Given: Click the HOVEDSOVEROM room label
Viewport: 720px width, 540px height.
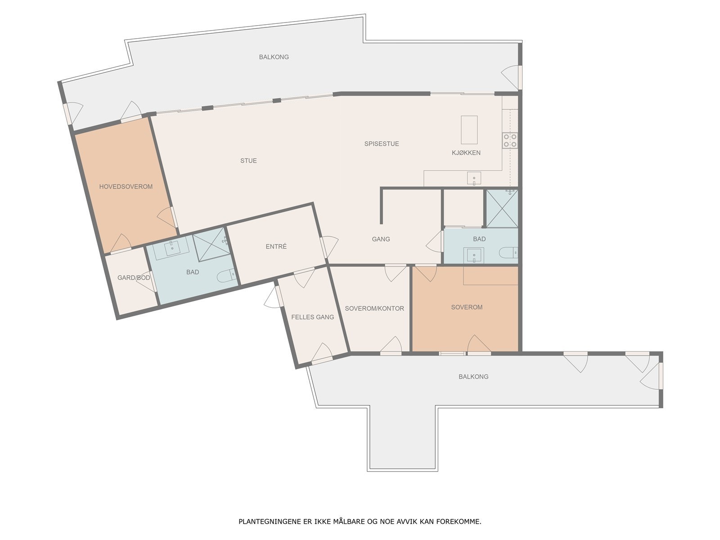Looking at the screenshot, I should (126, 187).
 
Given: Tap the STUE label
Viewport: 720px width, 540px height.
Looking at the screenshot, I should (248, 161).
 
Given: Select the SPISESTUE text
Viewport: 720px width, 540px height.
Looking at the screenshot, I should (382, 144).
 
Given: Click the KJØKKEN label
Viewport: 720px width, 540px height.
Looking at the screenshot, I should (466, 153).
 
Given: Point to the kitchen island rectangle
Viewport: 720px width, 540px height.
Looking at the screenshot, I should (469, 130).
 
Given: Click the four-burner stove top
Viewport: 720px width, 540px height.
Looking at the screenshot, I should (510, 140).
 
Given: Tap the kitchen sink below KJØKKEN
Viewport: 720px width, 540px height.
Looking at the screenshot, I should (474, 179).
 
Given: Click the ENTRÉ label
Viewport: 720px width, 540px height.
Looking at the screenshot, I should (276, 247).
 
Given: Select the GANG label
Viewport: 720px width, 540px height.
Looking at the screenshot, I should (381, 239).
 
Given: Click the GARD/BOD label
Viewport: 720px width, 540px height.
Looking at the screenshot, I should (134, 278).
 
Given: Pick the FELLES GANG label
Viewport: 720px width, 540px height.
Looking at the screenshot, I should (312, 317).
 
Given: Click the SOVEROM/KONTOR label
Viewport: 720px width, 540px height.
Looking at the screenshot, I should (374, 309).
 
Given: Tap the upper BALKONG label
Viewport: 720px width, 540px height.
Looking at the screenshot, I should (274, 57).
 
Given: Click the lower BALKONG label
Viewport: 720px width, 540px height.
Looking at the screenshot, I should (473, 377).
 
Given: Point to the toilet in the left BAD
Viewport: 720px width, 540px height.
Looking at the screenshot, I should (226, 275).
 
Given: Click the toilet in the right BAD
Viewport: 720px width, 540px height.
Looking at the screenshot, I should (509, 253).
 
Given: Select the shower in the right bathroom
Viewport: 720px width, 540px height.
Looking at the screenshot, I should (502, 208).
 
